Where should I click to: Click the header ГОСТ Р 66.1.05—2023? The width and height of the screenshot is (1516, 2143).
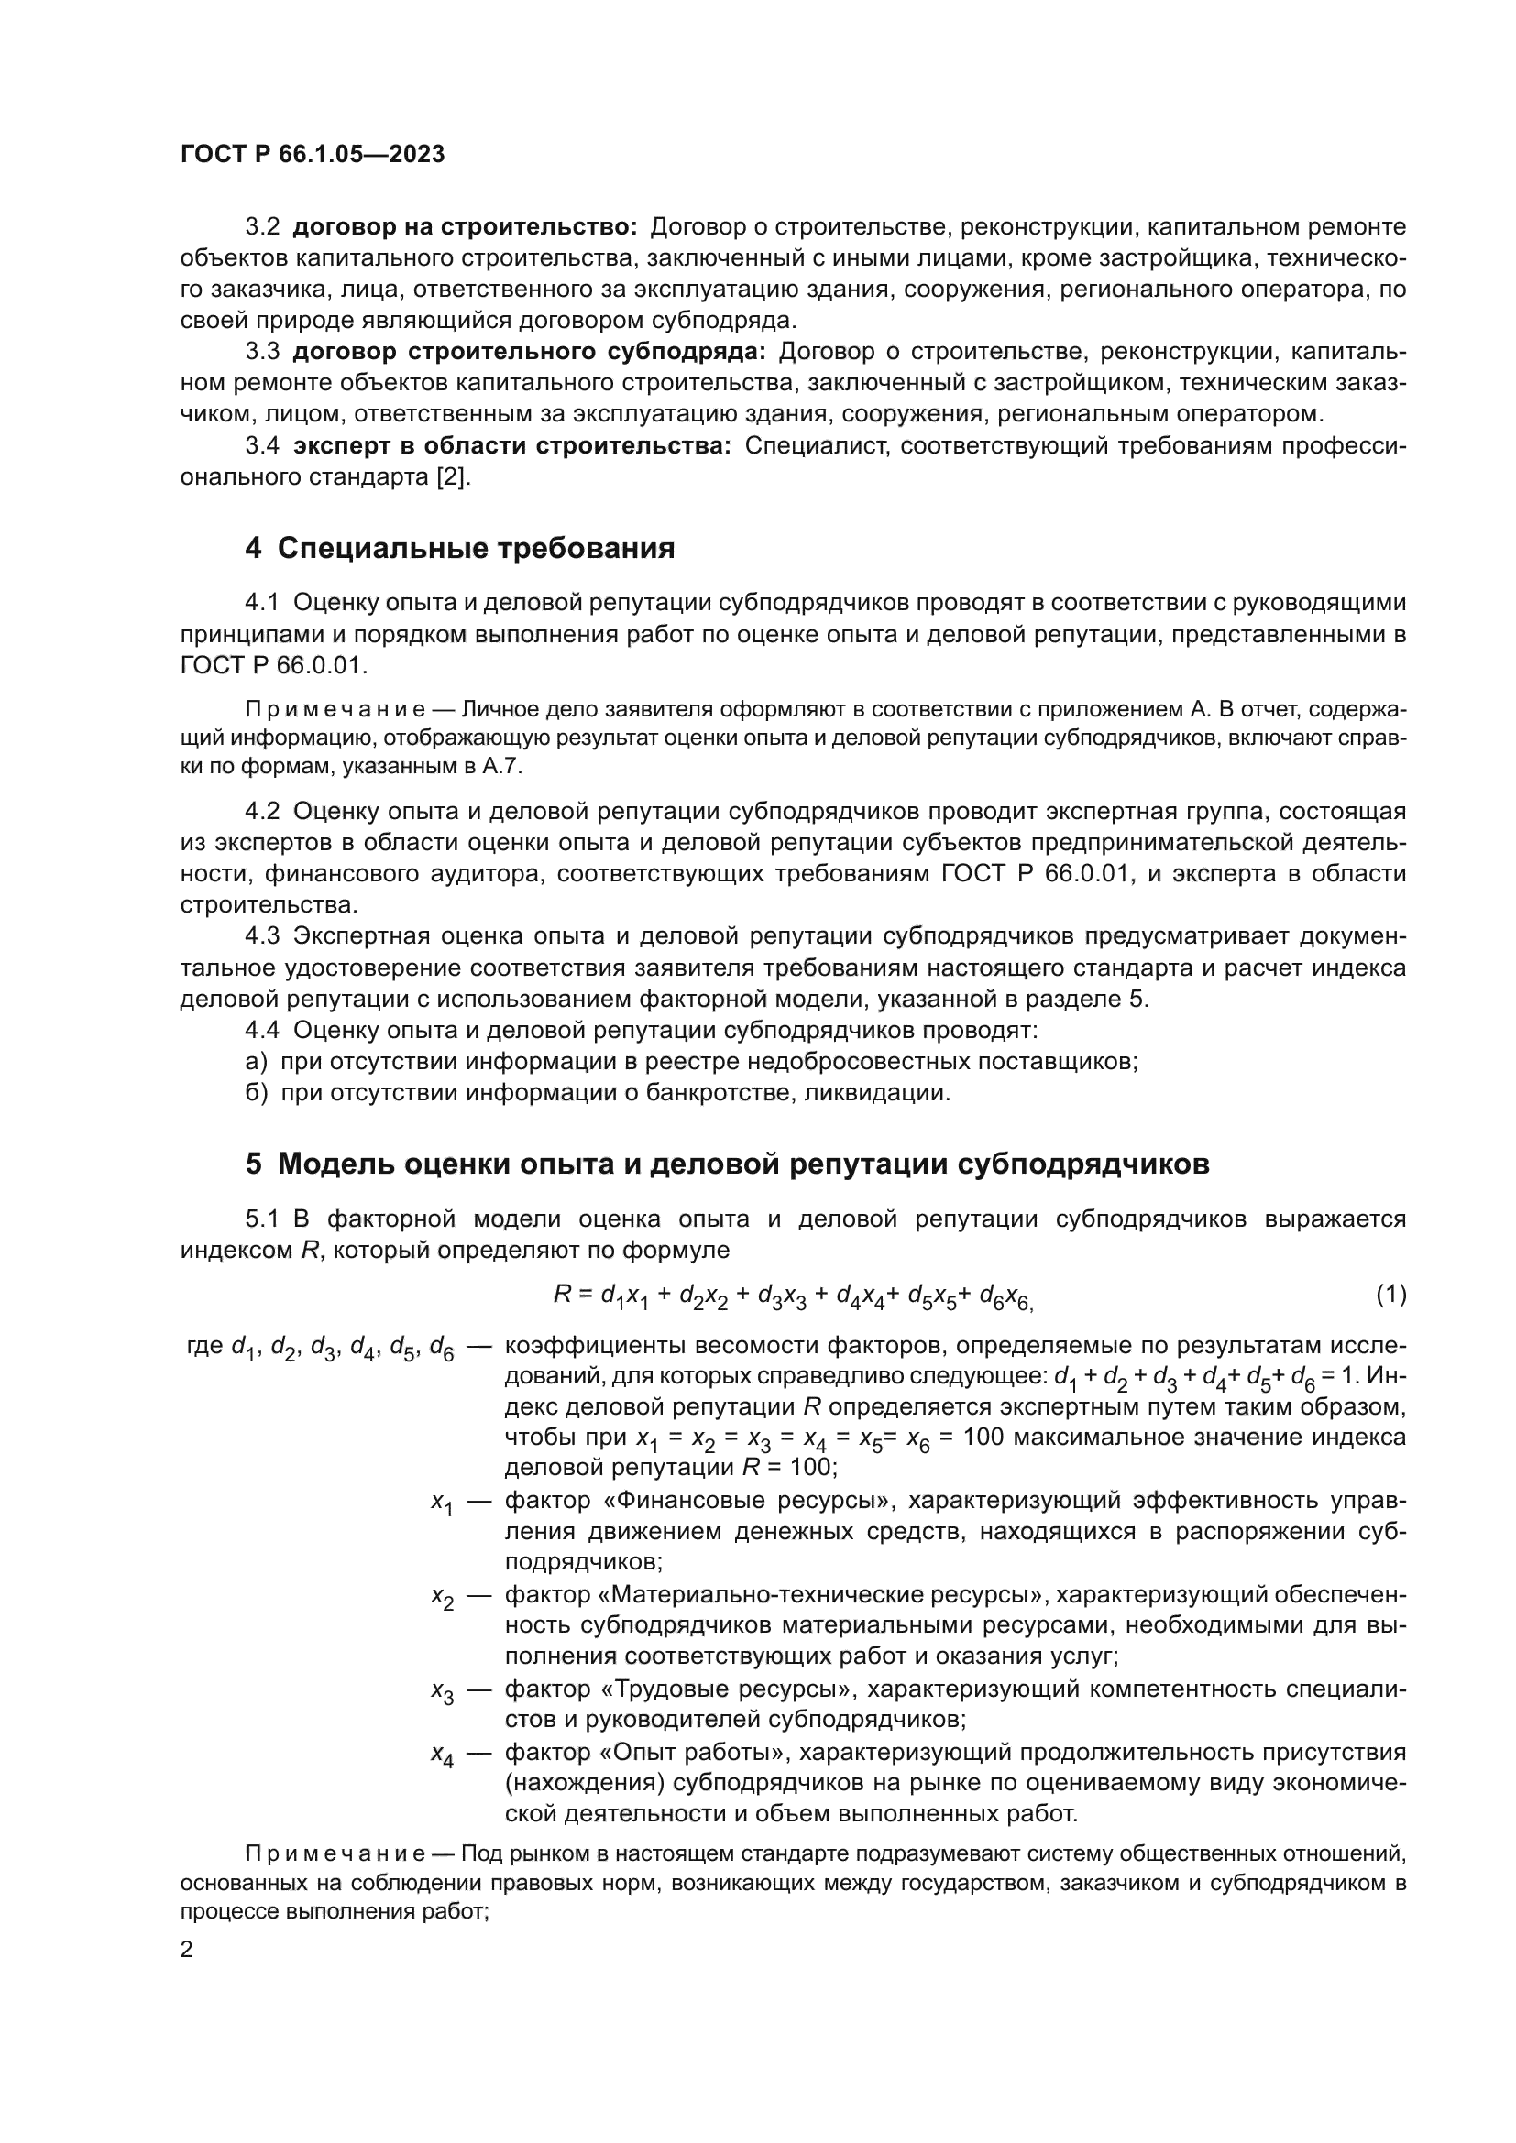(x=312, y=155)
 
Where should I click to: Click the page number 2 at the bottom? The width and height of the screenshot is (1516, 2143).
(x=187, y=1949)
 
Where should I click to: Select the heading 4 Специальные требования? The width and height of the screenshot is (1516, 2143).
(x=459, y=548)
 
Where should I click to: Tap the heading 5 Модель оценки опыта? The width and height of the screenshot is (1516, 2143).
(x=727, y=1164)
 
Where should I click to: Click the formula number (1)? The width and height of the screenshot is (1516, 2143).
(x=1390, y=1294)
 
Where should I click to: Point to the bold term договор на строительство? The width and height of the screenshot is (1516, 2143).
(x=465, y=227)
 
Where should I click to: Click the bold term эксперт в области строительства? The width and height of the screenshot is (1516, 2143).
(x=512, y=446)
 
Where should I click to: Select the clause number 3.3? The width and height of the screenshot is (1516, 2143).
(x=262, y=352)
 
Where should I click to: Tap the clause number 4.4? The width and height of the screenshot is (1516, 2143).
(x=262, y=1031)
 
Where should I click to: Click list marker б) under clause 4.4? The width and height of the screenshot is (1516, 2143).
(x=257, y=1092)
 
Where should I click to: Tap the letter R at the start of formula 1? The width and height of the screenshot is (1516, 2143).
(x=562, y=1294)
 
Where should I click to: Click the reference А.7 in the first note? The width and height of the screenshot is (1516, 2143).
(x=507, y=767)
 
